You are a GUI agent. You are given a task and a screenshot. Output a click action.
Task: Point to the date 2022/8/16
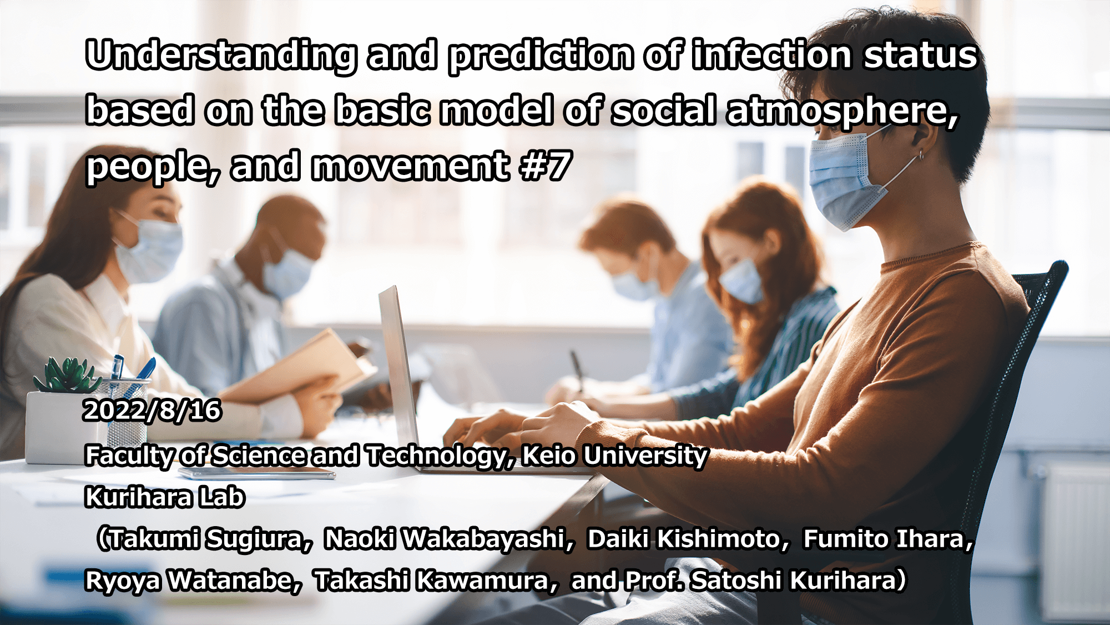coord(152,411)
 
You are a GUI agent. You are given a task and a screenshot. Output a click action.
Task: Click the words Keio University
coord(615,456)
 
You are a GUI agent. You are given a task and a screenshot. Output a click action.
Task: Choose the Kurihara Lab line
coord(165,497)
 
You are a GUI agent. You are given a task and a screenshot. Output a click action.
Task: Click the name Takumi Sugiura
coord(206,539)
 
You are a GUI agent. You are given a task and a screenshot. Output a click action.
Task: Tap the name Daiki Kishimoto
coord(684,539)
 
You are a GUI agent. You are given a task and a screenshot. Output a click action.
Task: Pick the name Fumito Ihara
coord(885,539)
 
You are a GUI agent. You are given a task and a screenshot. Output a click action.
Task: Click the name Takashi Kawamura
coord(432,581)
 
